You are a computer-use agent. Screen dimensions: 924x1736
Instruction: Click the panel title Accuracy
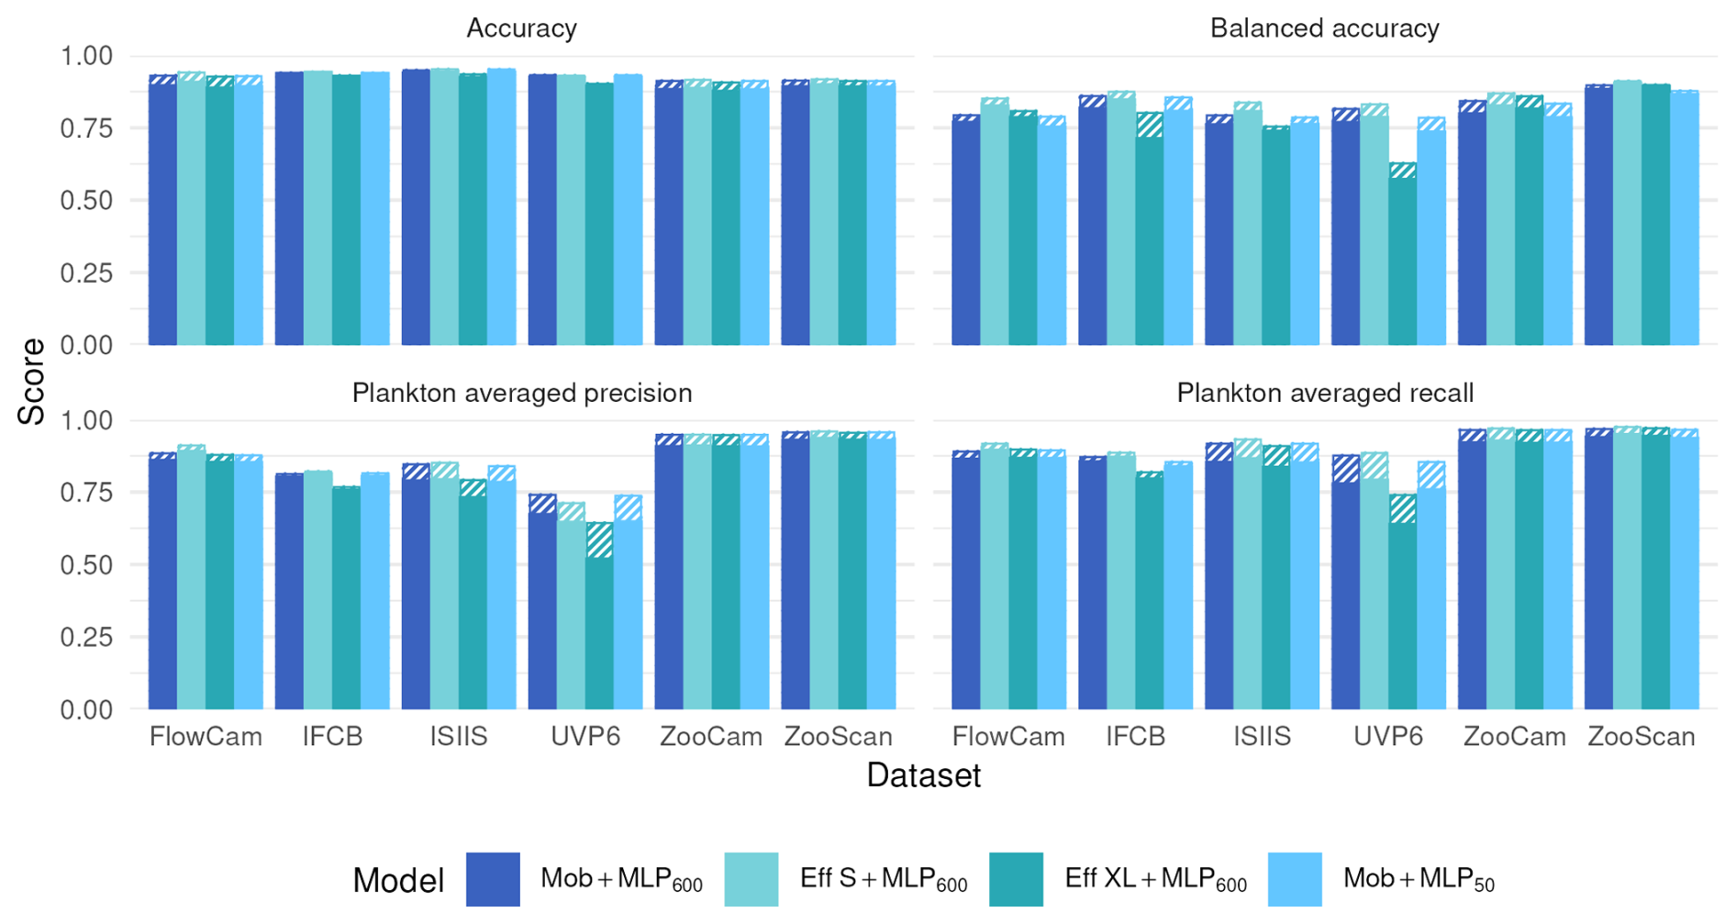tap(521, 28)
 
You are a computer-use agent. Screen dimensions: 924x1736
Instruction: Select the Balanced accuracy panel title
tap(1324, 28)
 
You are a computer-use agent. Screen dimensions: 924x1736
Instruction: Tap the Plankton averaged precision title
tap(521, 393)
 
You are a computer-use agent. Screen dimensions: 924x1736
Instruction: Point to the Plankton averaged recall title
tap(1324, 393)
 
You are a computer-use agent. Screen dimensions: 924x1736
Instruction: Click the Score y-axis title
tap(32, 382)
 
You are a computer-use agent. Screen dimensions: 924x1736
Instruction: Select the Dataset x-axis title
tap(923, 775)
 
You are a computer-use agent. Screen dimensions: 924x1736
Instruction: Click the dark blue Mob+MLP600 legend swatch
tap(493, 879)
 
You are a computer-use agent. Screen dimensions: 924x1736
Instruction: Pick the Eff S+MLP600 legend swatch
tap(751, 879)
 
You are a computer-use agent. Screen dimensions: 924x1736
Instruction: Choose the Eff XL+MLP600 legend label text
tap(1154, 879)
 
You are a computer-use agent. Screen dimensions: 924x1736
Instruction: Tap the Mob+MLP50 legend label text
tap(1418, 879)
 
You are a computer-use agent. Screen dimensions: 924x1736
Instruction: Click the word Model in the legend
tap(398, 881)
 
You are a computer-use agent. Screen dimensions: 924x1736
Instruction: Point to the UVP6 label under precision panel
tap(585, 737)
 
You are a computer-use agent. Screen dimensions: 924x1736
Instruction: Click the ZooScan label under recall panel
tap(1641, 737)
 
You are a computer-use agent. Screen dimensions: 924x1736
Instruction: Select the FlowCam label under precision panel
tap(206, 737)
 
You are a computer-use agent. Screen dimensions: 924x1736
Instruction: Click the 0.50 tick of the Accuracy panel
tap(86, 200)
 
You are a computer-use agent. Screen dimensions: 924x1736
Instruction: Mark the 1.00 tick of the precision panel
tap(86, 420)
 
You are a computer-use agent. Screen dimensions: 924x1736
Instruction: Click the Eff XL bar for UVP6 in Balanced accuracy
tap(1402, 257)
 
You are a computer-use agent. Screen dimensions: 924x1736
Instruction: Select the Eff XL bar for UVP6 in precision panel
tap(599, 624)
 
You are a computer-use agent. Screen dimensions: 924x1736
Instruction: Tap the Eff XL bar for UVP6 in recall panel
tap(1402, 606)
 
